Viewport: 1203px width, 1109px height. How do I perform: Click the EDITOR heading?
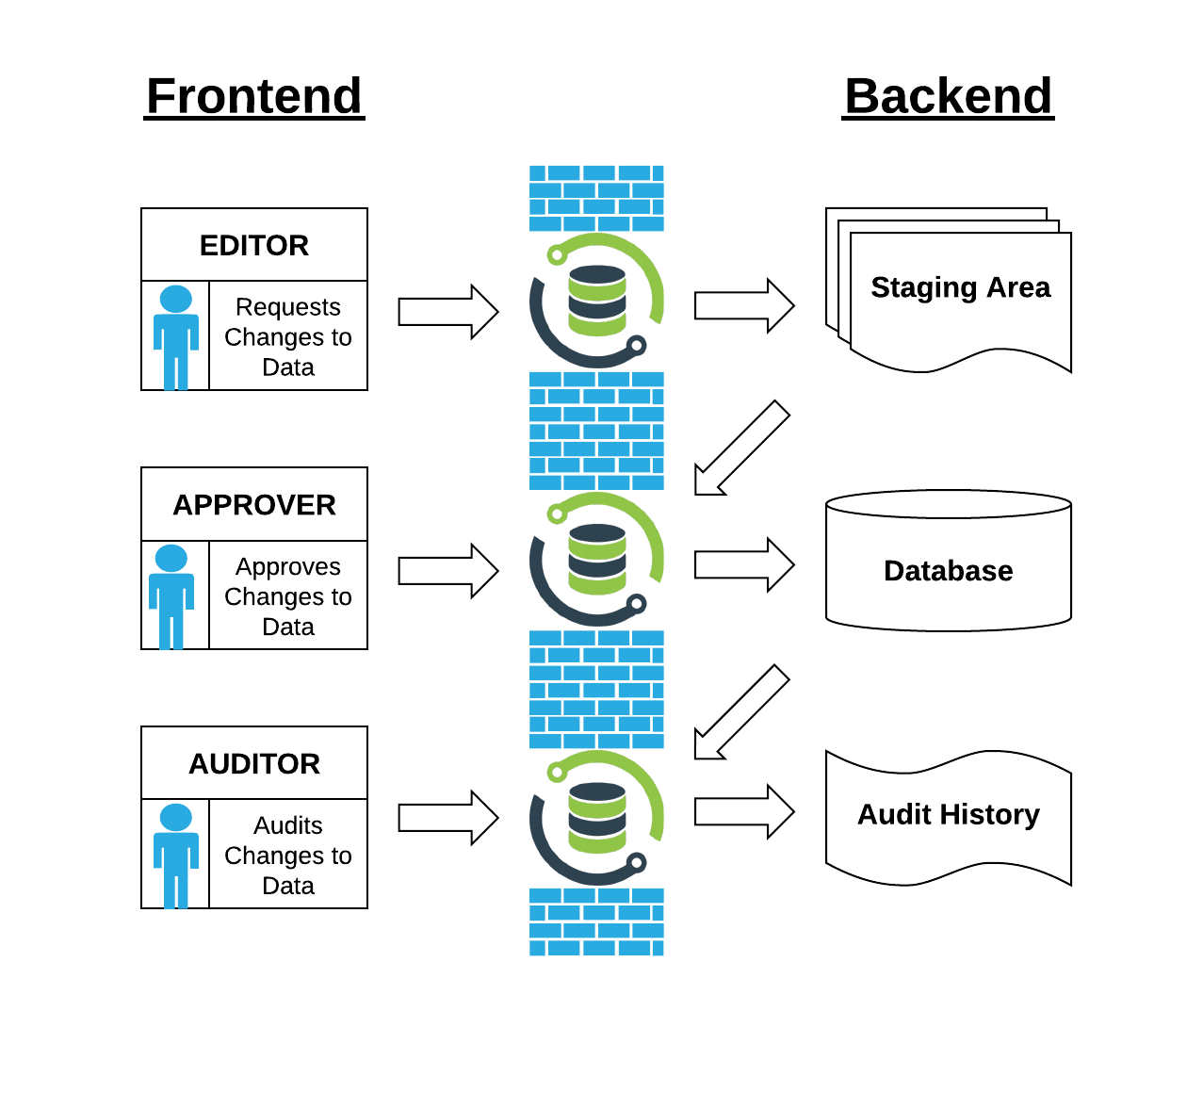pos(254,246)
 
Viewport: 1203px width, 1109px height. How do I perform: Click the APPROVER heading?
pos(254,505)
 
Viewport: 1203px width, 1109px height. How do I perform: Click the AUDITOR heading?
pos(254,764)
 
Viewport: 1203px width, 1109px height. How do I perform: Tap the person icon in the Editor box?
pos(176,337)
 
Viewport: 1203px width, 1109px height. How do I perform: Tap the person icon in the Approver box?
pos(171,596)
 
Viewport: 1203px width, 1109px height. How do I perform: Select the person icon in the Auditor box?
pos(176,856)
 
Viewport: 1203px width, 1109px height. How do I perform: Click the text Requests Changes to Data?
pos(288,337)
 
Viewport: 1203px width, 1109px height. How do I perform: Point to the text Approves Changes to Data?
pos(288,596)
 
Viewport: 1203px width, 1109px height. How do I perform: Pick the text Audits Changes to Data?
pos(288,856)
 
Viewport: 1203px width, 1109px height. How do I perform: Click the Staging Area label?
pos(960,287)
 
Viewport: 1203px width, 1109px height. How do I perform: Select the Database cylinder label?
pos(948,571)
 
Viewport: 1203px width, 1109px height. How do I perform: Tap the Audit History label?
pos(948,814)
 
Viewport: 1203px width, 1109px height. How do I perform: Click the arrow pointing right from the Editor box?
pos(447,312)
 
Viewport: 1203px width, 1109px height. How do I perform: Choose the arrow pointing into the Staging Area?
pos(743,305)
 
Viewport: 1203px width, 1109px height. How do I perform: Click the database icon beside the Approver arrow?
pos(597,560)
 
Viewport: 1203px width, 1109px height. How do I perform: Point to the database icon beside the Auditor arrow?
pos(597,818)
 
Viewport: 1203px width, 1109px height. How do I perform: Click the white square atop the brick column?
pos(605,107)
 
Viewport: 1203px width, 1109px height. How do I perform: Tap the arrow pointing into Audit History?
pos(743,811)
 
